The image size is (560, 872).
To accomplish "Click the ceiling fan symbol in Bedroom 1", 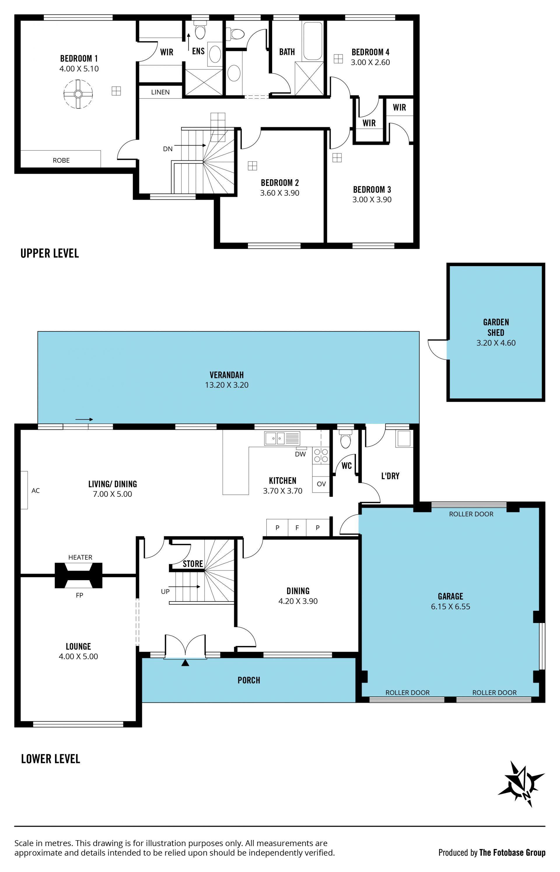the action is [78, 94].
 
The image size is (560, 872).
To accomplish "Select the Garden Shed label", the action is [496, 327].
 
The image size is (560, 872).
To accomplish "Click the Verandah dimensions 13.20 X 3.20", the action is [227, 385].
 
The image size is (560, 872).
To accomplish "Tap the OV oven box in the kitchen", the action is [321, 484].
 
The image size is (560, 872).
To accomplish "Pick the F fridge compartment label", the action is [297, 528].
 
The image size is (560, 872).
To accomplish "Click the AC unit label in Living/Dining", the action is [36, 491].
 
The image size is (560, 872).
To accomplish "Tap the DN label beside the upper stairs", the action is [168, 149].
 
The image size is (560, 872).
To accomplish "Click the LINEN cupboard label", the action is [160, 92].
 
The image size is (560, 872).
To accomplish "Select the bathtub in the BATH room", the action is [313, 41].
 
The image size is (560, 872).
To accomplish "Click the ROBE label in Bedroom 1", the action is [61, 160].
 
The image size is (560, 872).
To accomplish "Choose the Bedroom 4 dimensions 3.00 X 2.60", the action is [370, 62].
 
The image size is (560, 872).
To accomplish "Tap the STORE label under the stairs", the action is [193, 564].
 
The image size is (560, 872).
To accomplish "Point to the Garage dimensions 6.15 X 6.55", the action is [451, 606].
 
